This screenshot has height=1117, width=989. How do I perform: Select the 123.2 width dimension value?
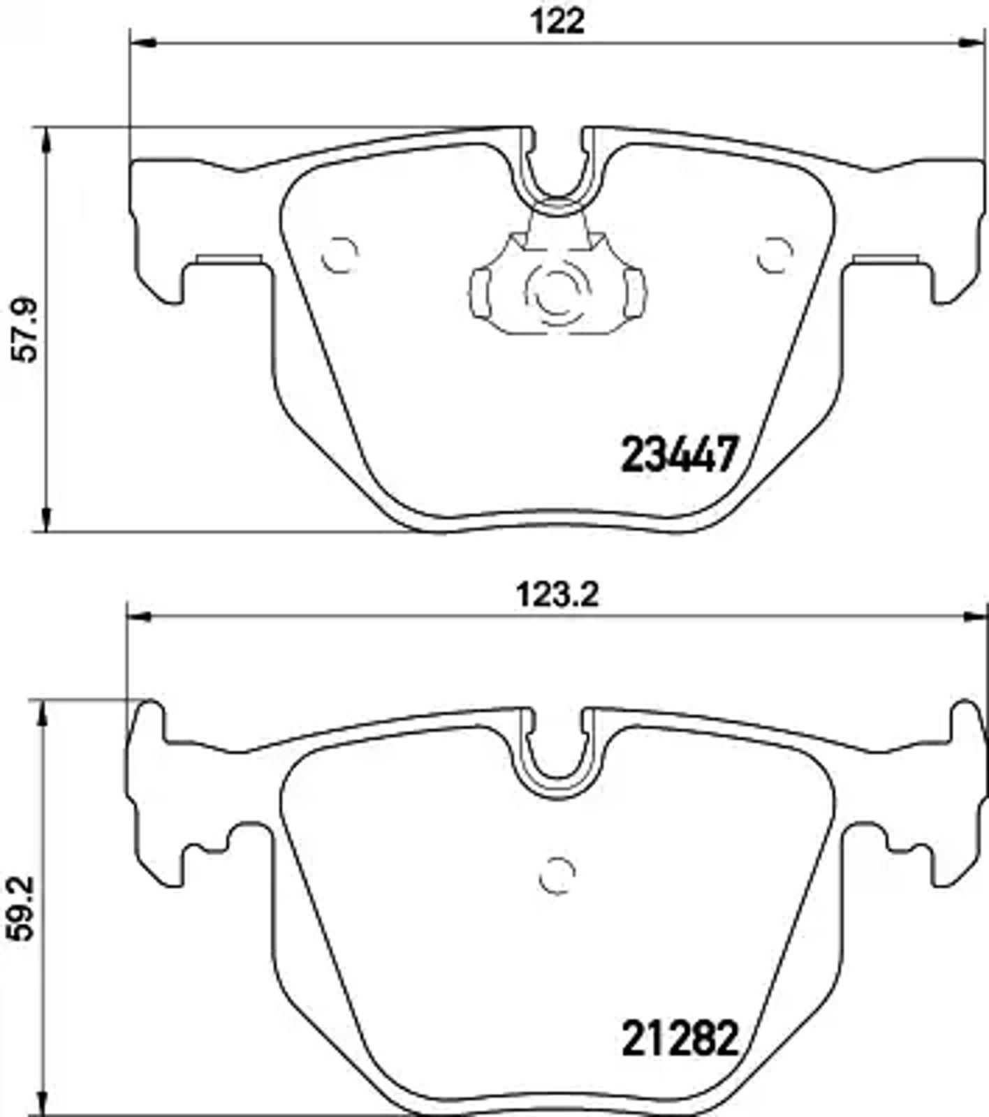pos(557,596)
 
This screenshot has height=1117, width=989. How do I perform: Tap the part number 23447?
pos(679,454)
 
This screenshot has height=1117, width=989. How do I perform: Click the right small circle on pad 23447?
pos(775,255)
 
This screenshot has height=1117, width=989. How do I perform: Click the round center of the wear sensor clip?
pos(557,292)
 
